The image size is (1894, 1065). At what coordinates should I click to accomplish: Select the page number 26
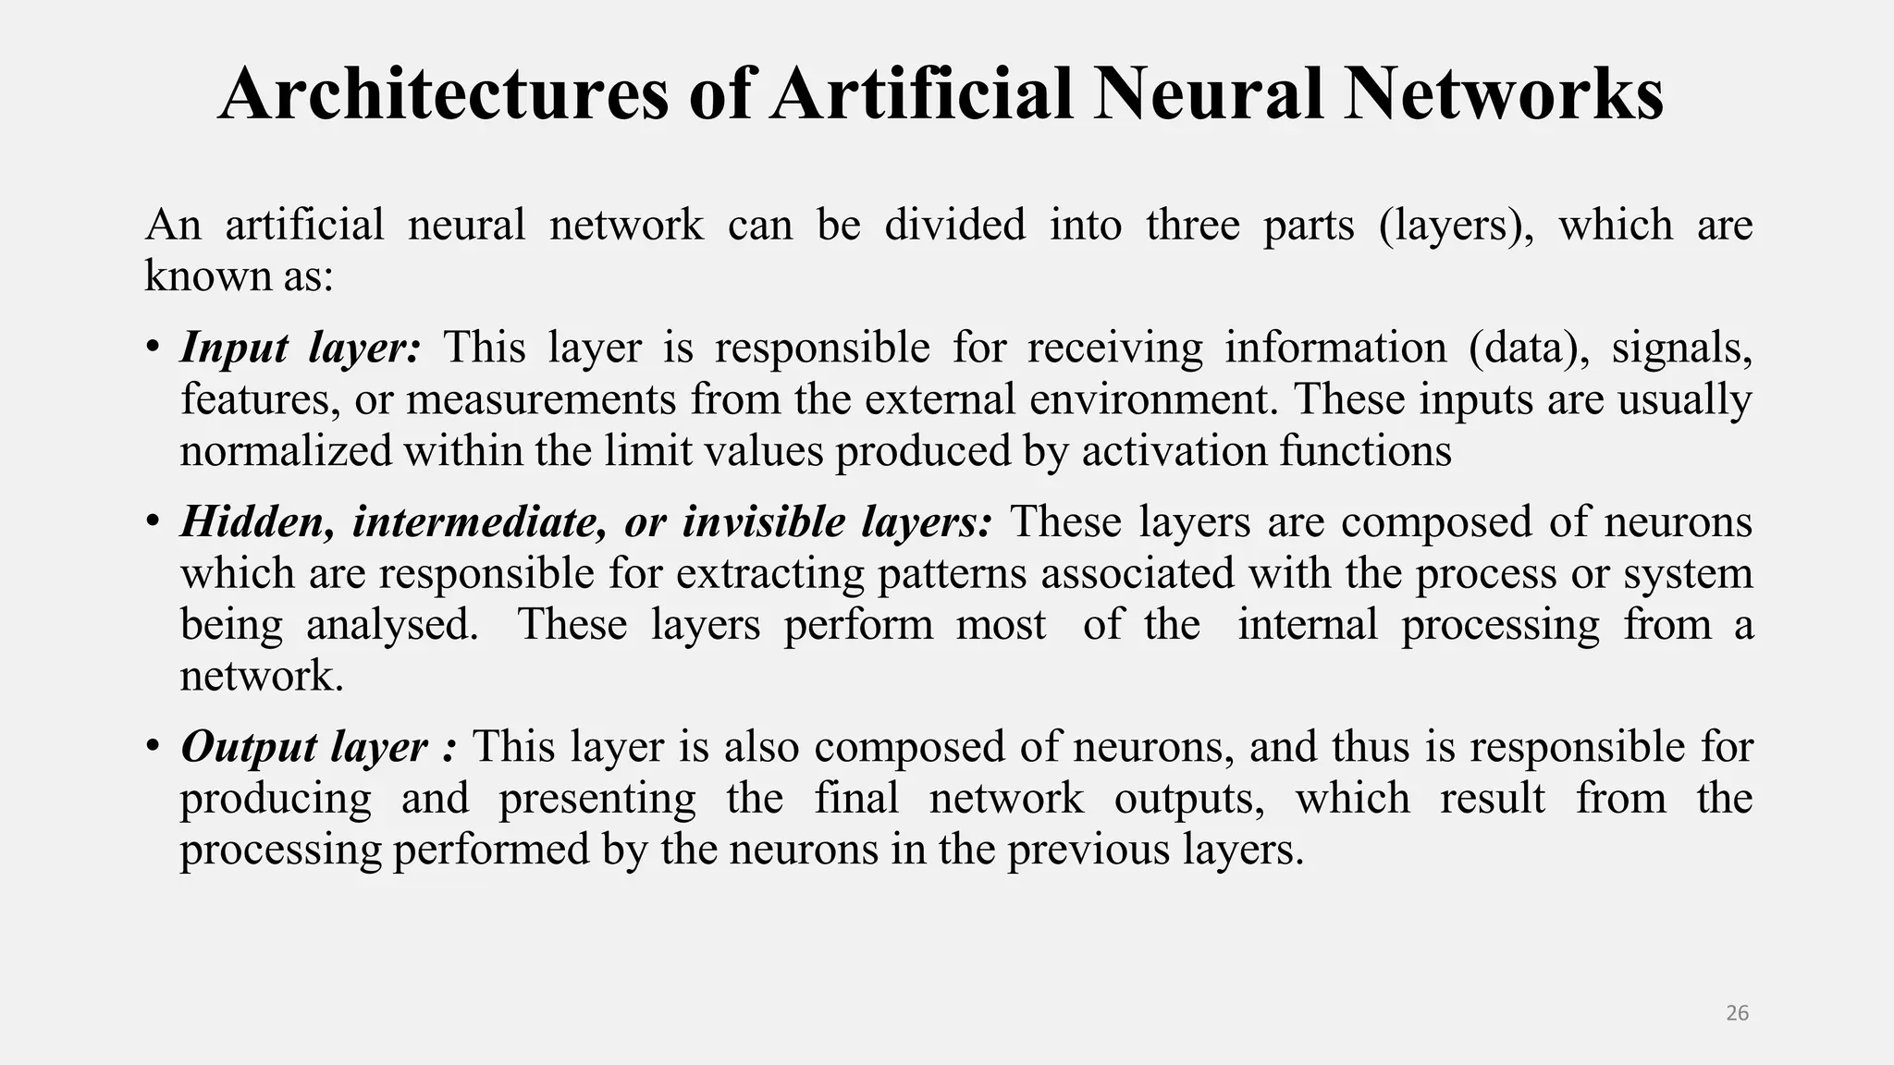click(1737, 1013)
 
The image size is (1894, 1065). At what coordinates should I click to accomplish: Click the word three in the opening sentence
click(1192, 225)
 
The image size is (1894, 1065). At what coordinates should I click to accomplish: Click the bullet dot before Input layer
click(153, 349)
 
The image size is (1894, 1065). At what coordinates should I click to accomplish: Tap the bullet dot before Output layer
click(153, 747)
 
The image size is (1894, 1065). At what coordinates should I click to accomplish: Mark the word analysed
click(392, 625)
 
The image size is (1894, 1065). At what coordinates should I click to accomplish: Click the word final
click(856, 799)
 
